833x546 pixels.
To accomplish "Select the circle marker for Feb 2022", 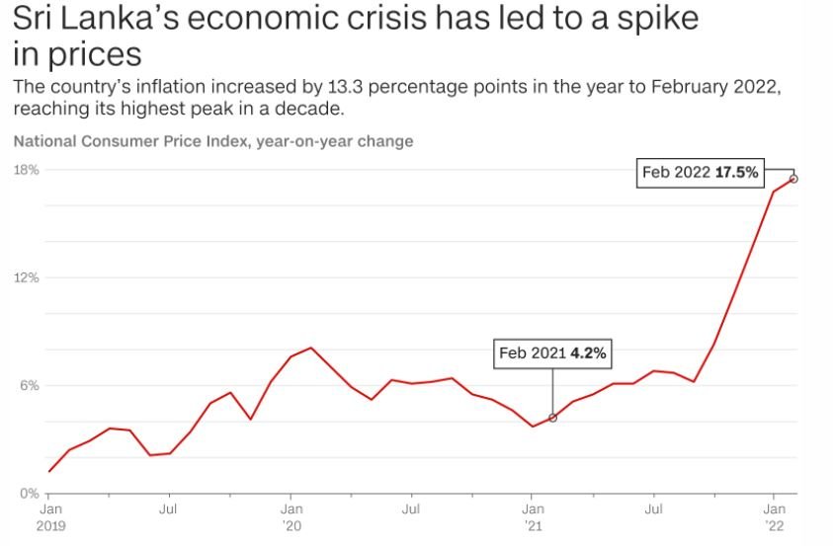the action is (x=793, y=179).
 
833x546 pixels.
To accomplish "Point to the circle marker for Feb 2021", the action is (x=552, y=418).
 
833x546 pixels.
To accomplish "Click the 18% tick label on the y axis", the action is (x=27, y=170).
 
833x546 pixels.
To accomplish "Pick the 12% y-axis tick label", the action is (x=27, y=277).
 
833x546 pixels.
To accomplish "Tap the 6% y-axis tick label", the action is (x=30, y=385).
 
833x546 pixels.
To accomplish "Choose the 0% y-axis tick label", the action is (x=30, y=494).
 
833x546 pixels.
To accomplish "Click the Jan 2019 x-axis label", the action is (x=51, y=517).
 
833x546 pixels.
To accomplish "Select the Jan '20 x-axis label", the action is (x=292, y=517).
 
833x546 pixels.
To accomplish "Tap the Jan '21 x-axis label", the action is (x=533, y=517).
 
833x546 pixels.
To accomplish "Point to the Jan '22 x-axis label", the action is (x=774, y=517).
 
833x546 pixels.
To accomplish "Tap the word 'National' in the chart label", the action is (x=46, y=141).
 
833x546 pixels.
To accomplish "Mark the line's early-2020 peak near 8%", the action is (x=311, y=348).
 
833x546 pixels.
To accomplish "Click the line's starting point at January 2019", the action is (x=49, y=471).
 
